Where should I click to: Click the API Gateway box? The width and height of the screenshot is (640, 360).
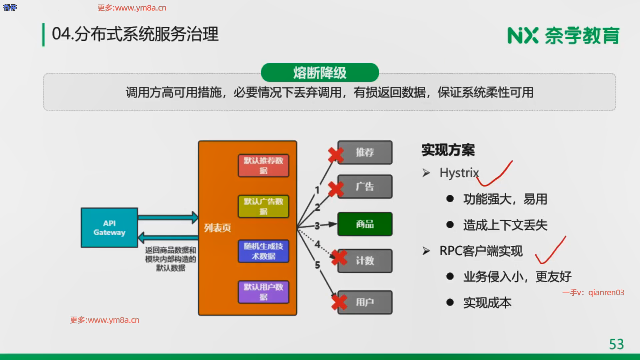pyautogui.click(x=109, y=228)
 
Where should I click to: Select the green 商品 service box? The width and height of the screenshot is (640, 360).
pyautogui.click(x=365, y=224)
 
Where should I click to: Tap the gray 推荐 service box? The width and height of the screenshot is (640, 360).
pyautogui.click(x=365, y=152)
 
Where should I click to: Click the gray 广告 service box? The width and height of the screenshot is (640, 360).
pyautogui.click(x=365, y=187)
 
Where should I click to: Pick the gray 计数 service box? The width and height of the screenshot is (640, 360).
pyautogui.click(x=365, y=261)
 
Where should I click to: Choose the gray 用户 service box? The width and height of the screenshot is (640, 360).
pyautogui.click(x=365, y=302)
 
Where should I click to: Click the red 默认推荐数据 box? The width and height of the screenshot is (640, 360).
pyautogui.click(x=263, y=165)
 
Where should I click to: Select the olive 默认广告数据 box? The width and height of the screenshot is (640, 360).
pyautogui.click(x=263, y=206)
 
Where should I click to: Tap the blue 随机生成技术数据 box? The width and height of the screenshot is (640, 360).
pyautogui.click(x=263, y=251)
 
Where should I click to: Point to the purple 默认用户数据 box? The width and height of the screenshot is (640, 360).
pyautogui.click(x=263, y=292)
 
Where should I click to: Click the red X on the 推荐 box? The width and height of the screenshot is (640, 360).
pyautogui.click(x=336, y=155)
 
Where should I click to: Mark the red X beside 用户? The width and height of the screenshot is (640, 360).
pyautogui.click(x=339, y=302)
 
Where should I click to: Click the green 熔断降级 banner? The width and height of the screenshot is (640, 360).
pyautogui.click(x=320, y=72)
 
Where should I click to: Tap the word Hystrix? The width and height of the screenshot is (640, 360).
pyautogui.click(x=459, y=173)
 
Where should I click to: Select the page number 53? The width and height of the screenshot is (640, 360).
pyautogui.click(x=616, y=344)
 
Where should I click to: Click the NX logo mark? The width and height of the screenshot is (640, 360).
pyautogui.click(x=522, y=36)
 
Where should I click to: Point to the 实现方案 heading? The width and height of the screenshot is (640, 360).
pyautogui.click(x=448, y=150)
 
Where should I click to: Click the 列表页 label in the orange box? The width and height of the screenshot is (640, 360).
pyautogui.click(x=217, y=228)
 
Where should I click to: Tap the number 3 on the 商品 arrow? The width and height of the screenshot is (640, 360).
pyautogui.click(x=317, y=226)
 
